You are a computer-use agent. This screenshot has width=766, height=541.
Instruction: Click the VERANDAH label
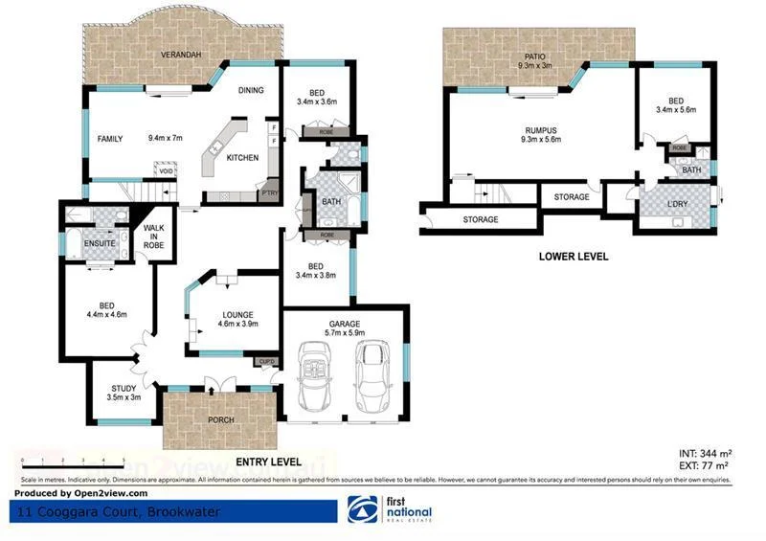[x=180, y=55]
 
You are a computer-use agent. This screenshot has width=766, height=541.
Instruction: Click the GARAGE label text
[x=346, y=325]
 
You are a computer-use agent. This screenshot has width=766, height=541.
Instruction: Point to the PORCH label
[x=220, y=420]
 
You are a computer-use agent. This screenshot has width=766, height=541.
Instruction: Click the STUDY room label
[x=124, y=388]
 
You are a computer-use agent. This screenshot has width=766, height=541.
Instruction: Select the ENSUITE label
[x=100, y=243]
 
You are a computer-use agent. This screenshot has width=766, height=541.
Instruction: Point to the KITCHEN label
[x=242, y=158]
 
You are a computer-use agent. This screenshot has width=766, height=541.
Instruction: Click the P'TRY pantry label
[x=270, y=193]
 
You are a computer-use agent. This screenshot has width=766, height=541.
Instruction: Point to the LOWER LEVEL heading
[x=573, y=257]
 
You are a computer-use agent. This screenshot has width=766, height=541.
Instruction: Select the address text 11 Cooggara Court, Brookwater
[x=117, y=512]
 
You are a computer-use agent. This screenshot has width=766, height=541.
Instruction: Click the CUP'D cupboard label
[x=266, y=361]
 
